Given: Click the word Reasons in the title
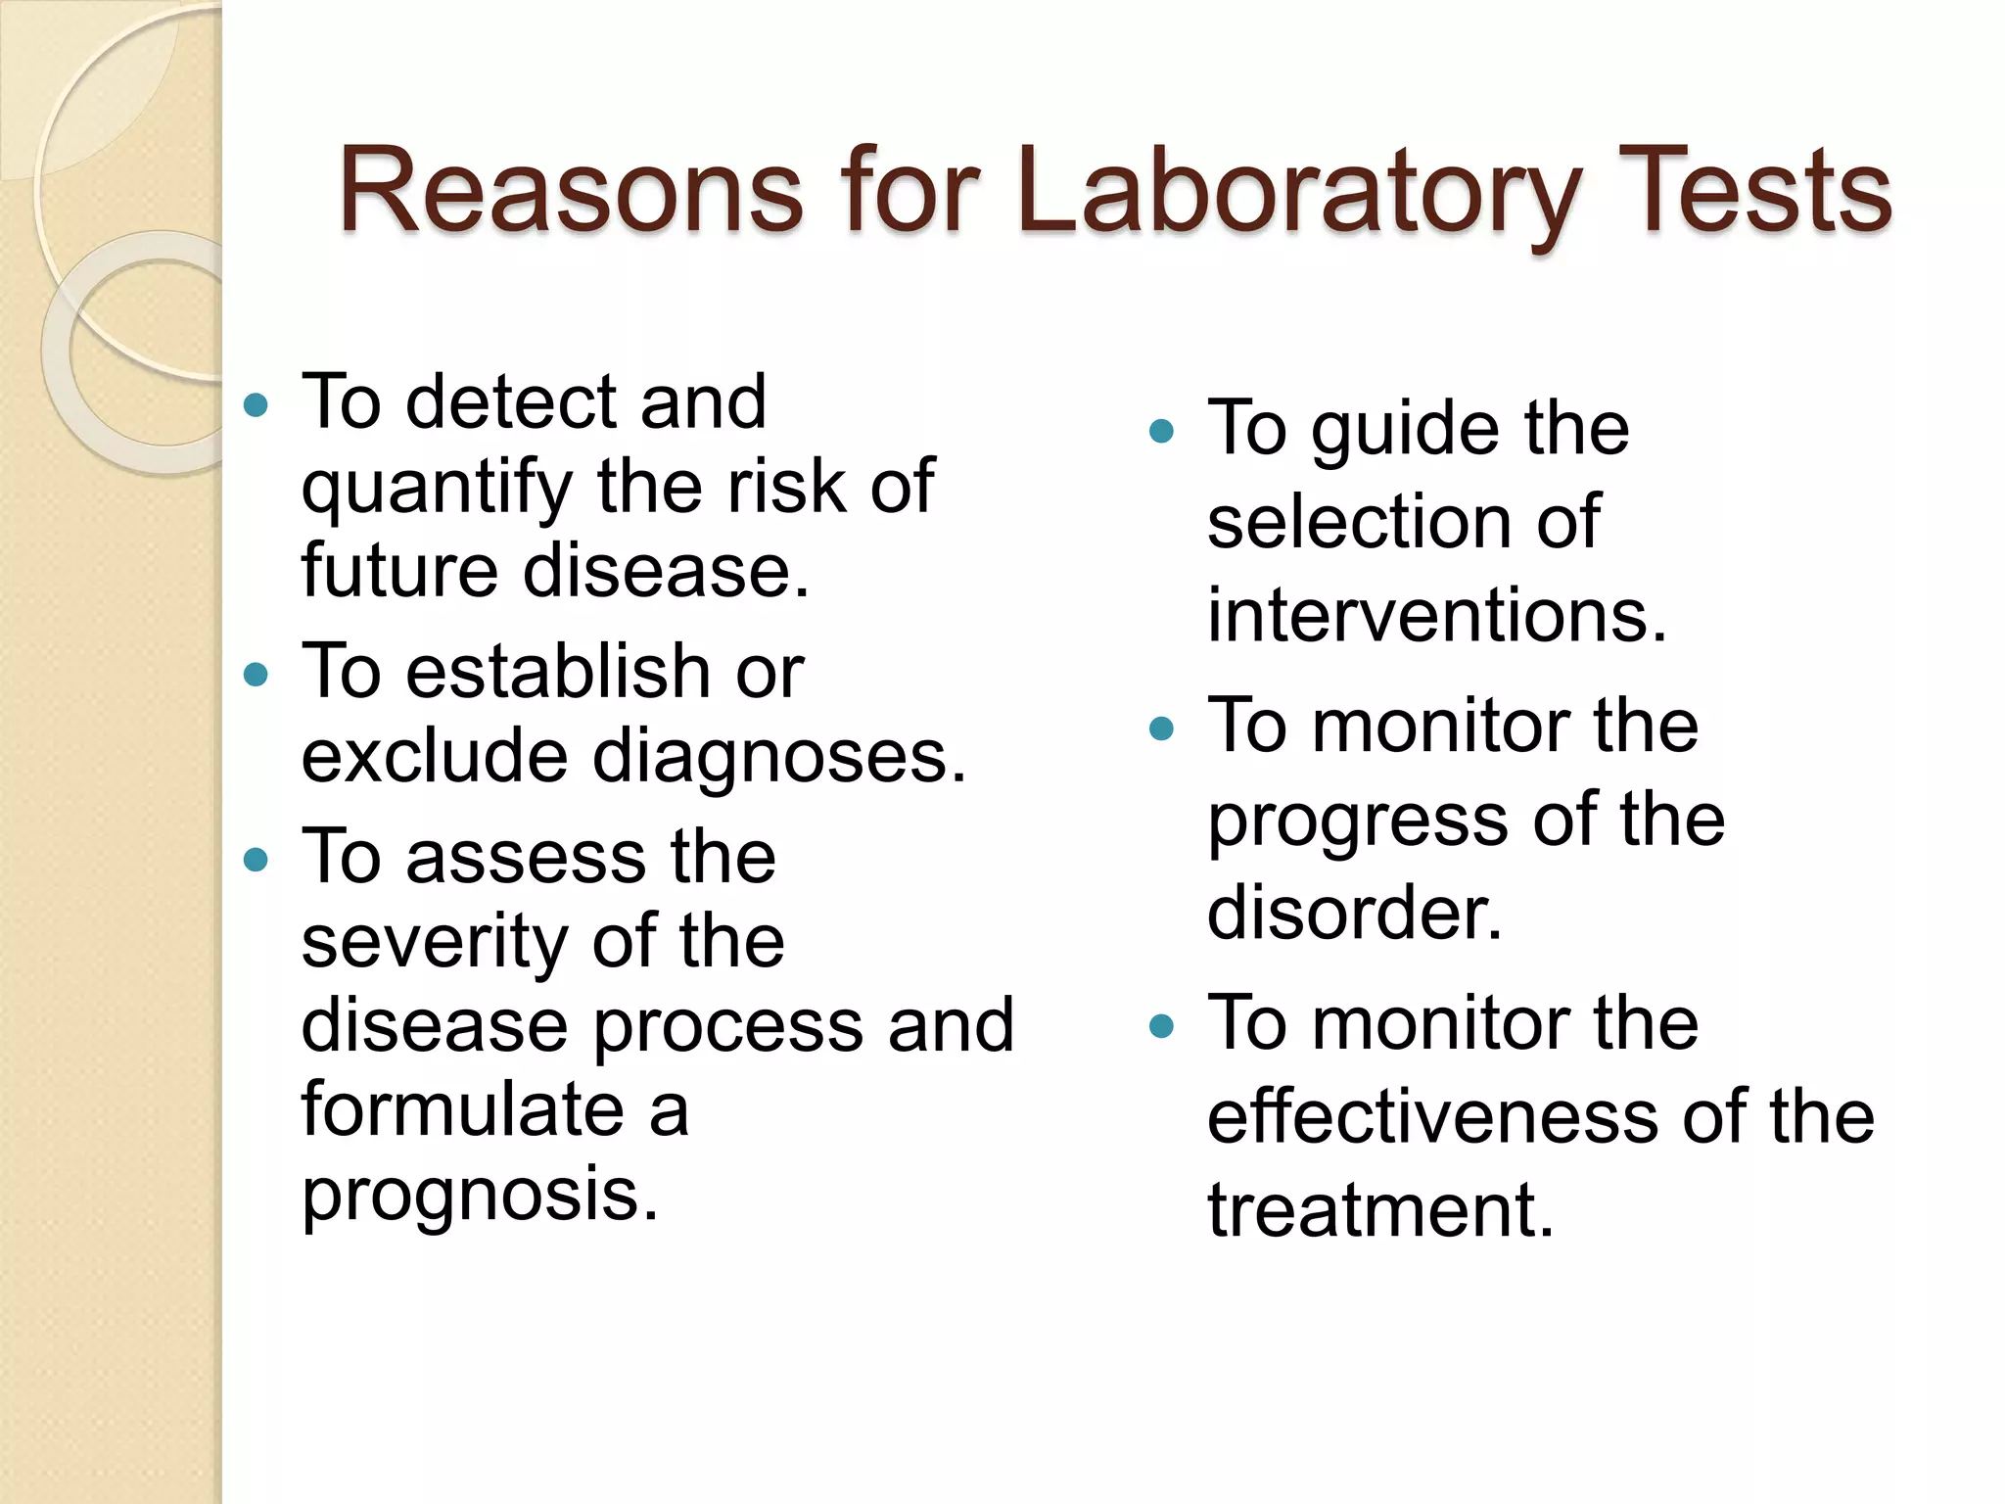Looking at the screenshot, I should (x=570, y=191).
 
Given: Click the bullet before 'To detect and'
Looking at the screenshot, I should (x=256, y=404).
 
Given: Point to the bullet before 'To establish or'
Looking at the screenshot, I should (x=256, y=674).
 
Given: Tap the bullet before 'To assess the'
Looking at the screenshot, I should (x=256, y=860).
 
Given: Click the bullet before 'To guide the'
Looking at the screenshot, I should (x=1161, y=431).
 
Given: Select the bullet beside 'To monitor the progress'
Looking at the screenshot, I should (x=1161, y=728).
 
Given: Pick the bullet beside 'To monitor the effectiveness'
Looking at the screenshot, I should (x=1161, y=1025).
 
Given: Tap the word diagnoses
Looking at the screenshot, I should (x=779, y=757).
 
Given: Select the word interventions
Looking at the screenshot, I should (x=1436, y=615).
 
